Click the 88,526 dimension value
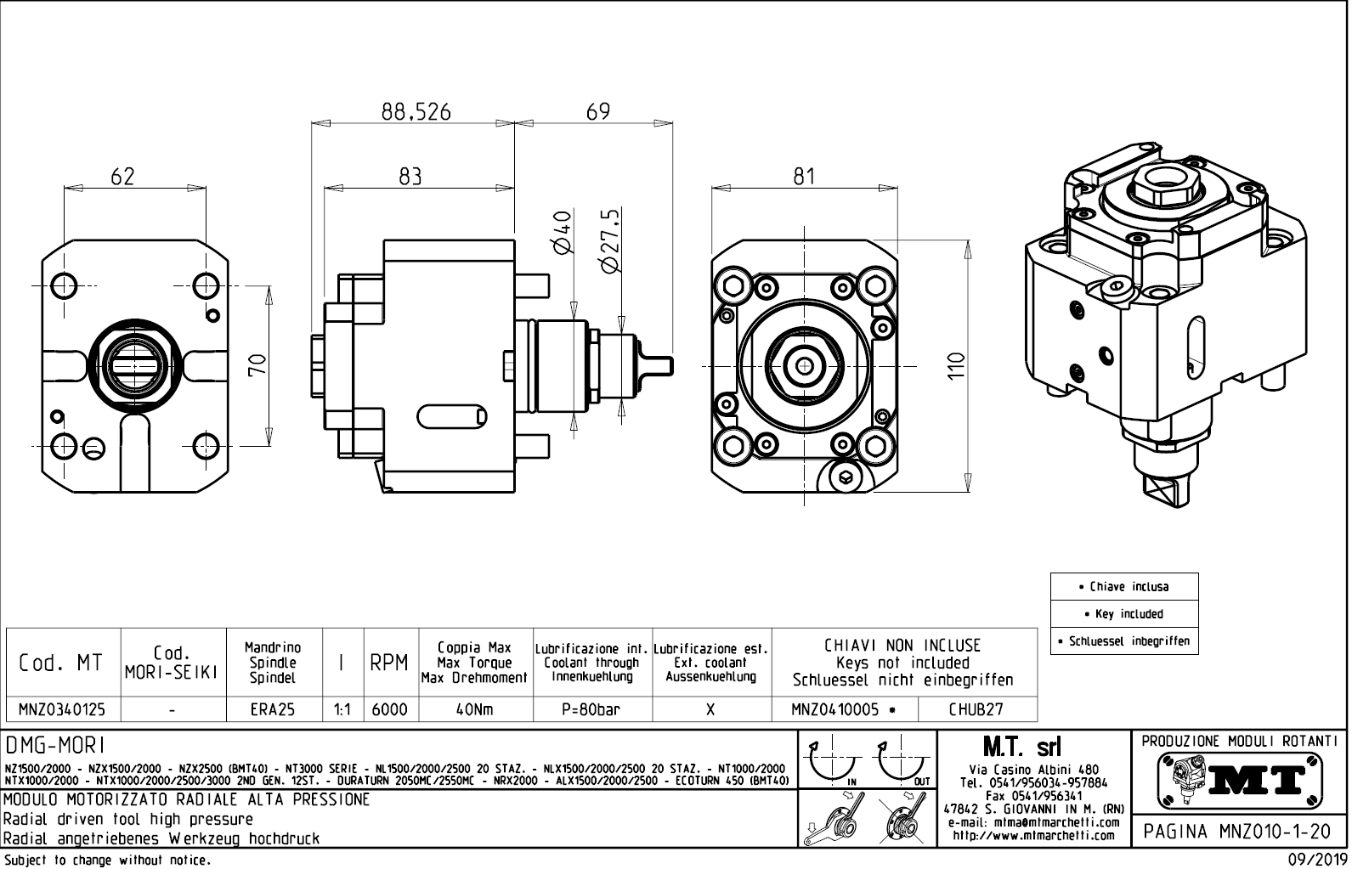(x=415, y=112)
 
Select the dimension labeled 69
(x=597, y=112)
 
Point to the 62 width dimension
(x=123, y=177)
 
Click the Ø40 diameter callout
(x=562, y=233)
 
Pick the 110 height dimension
(x=957, y=365)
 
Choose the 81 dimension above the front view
(x=803, y=177)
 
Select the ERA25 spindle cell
(x=273, y=709)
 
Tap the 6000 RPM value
(x=390, y=709)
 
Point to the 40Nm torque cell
(x=475, y=709)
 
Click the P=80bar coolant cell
(x=591, y=709)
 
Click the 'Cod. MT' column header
(x=61, y=663)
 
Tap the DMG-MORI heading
(x=56, y=746)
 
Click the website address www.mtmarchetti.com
(x=1032, y=835)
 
